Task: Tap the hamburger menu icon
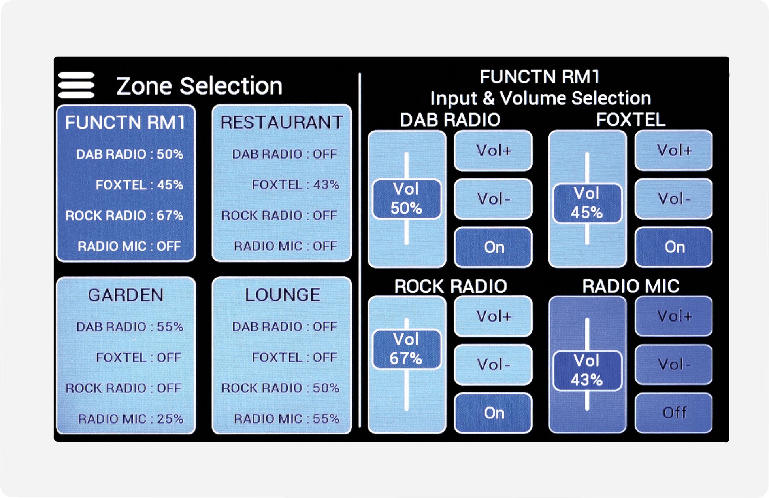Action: pos(76,85)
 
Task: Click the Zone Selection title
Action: pos(199,86)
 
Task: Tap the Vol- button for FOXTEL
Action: pos(674,199)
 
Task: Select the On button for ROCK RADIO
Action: pos(494,413)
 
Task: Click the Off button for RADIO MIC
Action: pos(674,413)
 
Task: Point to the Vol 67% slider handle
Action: pos(407,349)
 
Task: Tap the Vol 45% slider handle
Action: pos(587,203)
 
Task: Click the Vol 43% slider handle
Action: pos(587,371)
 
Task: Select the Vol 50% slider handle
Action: pos(407,199)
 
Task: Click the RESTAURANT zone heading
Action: pos(281,122)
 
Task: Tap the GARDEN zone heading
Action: pos(126,295)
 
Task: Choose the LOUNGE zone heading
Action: pos(282,295)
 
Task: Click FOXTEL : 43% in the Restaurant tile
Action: pos(296,185)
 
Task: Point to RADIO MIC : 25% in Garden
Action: pos(130,418)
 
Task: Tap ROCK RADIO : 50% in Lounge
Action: pos(280,388)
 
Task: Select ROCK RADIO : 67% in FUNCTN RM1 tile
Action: pos(124,216)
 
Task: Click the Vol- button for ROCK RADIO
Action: pos(494,364)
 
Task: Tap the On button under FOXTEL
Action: pos(674,247)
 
